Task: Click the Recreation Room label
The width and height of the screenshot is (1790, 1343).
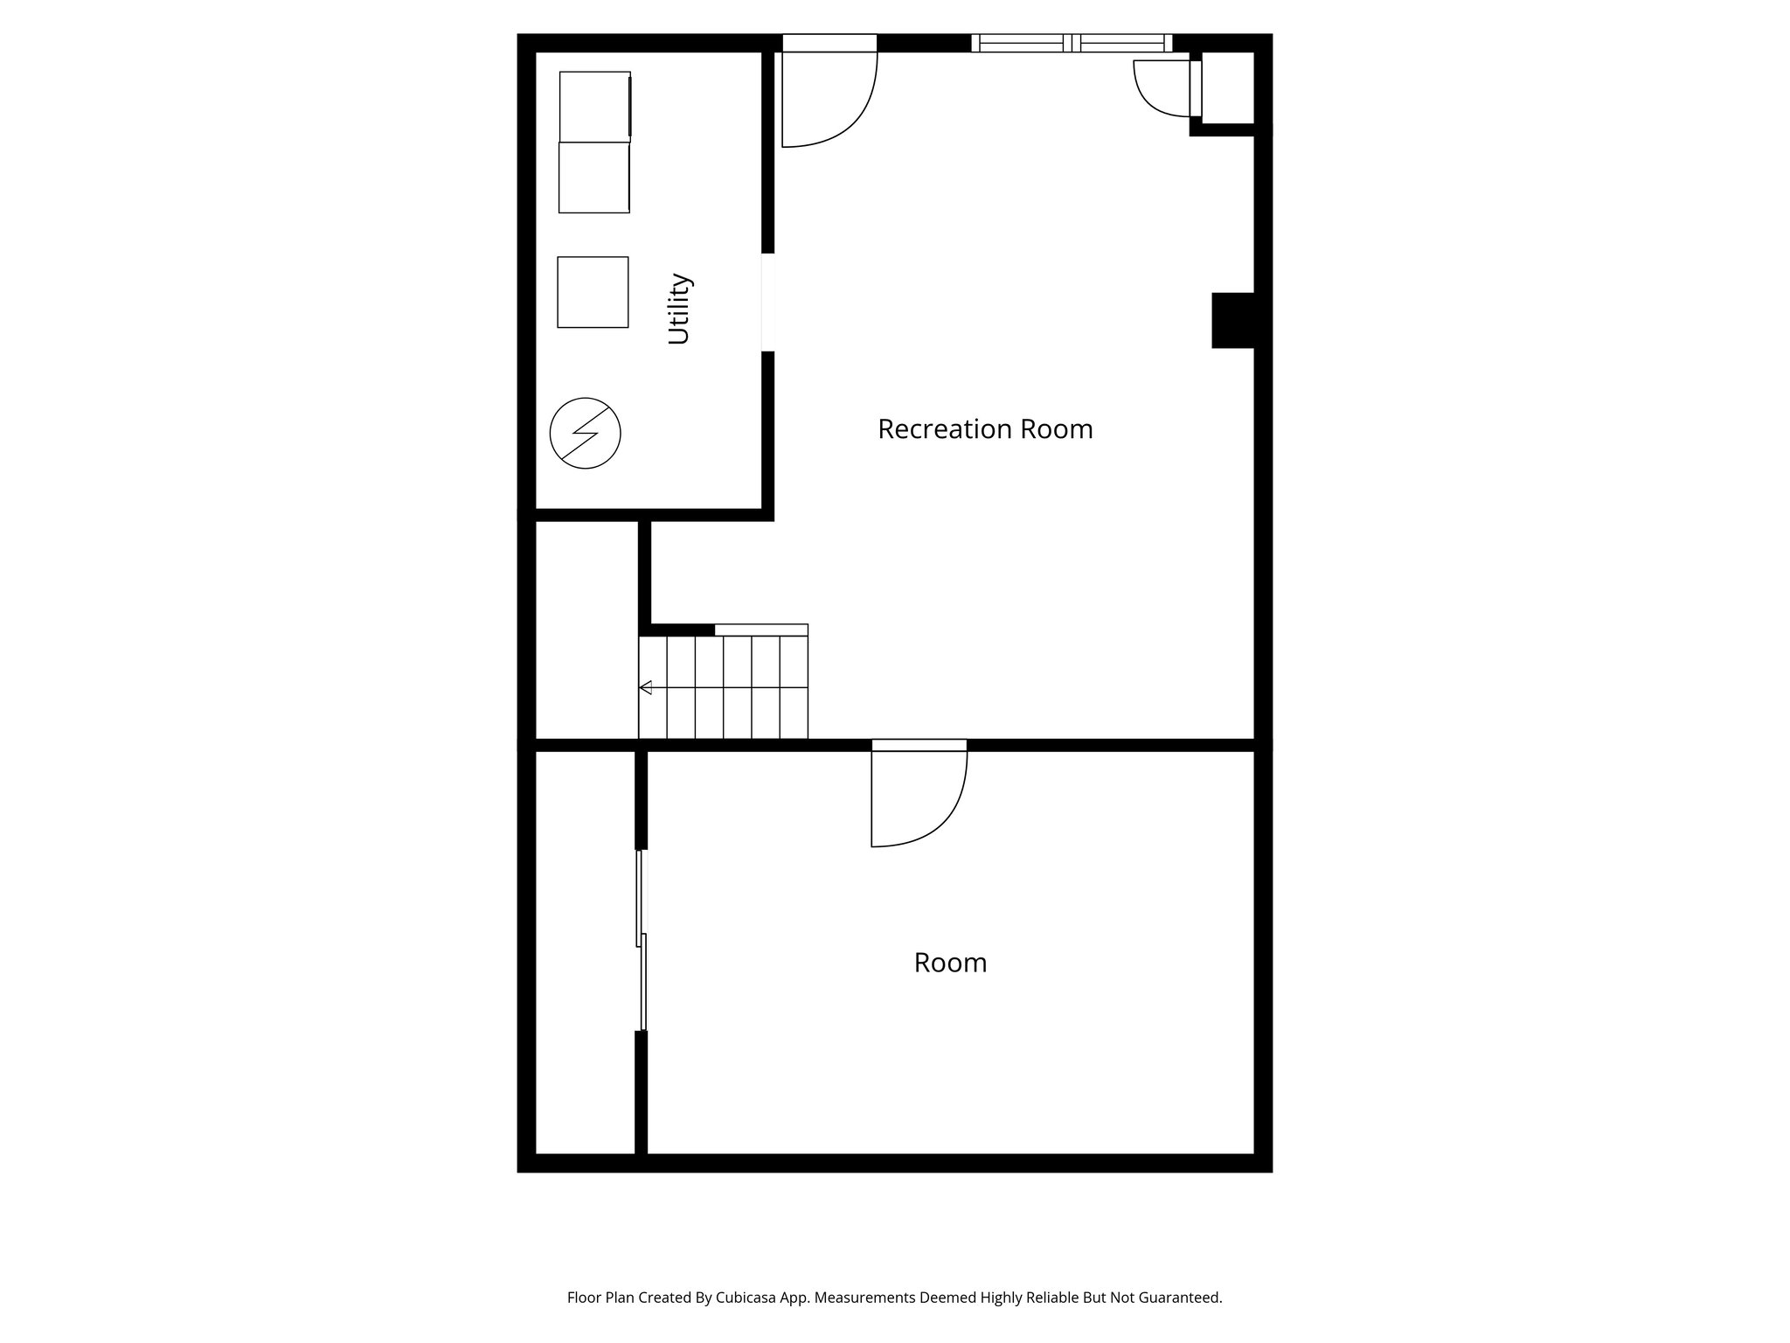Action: click(985, 429)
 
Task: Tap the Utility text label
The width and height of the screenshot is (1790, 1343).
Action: click(679, 309)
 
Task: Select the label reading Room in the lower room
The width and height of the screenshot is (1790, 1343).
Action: click(950, 963)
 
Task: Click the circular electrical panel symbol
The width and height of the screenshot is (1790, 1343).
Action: click(585, 433)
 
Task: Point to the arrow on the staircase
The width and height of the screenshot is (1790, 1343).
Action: click(646, 687)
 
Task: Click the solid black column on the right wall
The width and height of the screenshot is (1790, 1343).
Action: click(1232, 320)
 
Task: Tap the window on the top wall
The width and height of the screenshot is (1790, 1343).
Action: click(1072, 43)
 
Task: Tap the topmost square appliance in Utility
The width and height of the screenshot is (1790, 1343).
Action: click(594, 106)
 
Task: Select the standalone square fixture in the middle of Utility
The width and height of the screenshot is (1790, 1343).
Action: click(593, 292)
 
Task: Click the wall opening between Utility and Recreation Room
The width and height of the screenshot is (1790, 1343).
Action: click(767, 303)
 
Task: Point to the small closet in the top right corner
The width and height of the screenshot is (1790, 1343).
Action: click(1228, 87)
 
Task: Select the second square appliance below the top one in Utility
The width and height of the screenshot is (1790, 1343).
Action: click(594, 177)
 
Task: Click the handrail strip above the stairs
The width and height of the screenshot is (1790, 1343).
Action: click(760, 630)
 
